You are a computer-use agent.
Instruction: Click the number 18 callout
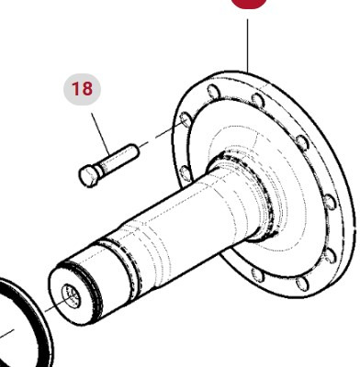point(82,89)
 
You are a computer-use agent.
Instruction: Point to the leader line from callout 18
point(98,127)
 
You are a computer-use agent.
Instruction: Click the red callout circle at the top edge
point(248,4)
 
